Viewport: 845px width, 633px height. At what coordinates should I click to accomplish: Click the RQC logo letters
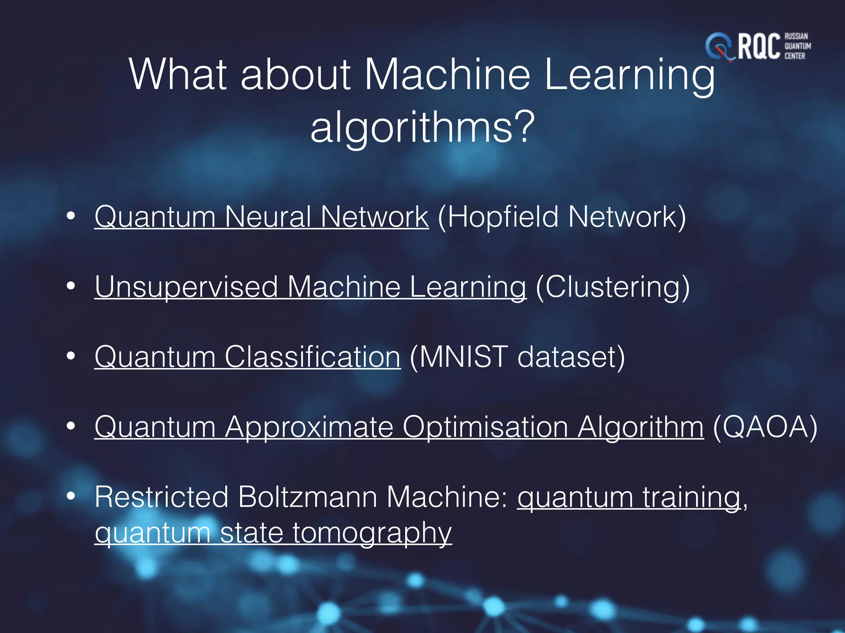758,47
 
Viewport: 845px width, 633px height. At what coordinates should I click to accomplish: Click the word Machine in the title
447,75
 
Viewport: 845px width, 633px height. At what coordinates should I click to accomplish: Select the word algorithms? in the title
422,127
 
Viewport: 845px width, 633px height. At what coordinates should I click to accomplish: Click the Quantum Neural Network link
262,217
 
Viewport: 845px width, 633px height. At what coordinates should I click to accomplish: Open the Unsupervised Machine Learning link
310,287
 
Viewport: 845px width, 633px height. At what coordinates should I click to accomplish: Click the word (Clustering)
613,287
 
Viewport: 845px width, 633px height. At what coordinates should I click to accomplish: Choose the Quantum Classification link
248,357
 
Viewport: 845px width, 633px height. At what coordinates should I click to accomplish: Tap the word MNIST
463,357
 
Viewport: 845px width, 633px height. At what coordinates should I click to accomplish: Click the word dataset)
571,357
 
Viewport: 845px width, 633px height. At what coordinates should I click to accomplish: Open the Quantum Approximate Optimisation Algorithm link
399,427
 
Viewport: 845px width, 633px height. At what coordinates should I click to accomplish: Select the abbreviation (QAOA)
765,427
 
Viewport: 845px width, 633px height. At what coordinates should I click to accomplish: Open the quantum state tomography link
273,533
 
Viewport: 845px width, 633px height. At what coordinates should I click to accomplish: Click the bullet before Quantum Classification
71,356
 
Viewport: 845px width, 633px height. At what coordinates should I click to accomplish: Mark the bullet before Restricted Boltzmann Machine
71,496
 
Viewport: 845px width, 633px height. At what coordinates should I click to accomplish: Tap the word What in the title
178,75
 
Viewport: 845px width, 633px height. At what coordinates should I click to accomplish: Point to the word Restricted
161,497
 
